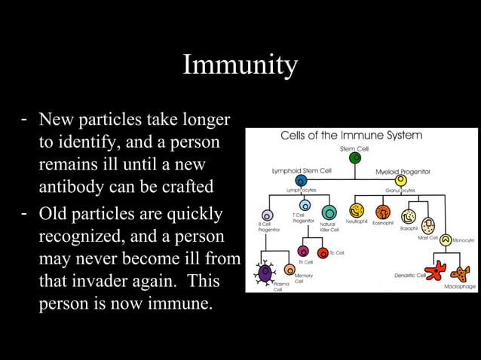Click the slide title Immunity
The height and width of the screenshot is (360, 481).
pos(240,66)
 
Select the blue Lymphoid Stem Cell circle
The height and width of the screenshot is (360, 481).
pos(301,181)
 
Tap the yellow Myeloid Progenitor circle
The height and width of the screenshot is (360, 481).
pos(400,181)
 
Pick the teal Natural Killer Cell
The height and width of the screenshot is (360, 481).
pos(329,212)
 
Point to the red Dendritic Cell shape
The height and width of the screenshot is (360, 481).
pos(435,269)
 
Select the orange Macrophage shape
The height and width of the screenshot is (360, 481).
pos(459,274)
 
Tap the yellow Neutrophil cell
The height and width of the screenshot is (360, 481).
pos(357,211)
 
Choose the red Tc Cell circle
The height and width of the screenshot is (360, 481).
pos(323,252)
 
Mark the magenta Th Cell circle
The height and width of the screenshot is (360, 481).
pos(303,251)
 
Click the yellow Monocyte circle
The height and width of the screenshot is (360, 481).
pos(446,240)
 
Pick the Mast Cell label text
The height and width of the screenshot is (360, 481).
pos(428,237)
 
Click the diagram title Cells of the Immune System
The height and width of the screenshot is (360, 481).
pos(351,136)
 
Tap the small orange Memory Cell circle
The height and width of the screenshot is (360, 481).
pos(290,269)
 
